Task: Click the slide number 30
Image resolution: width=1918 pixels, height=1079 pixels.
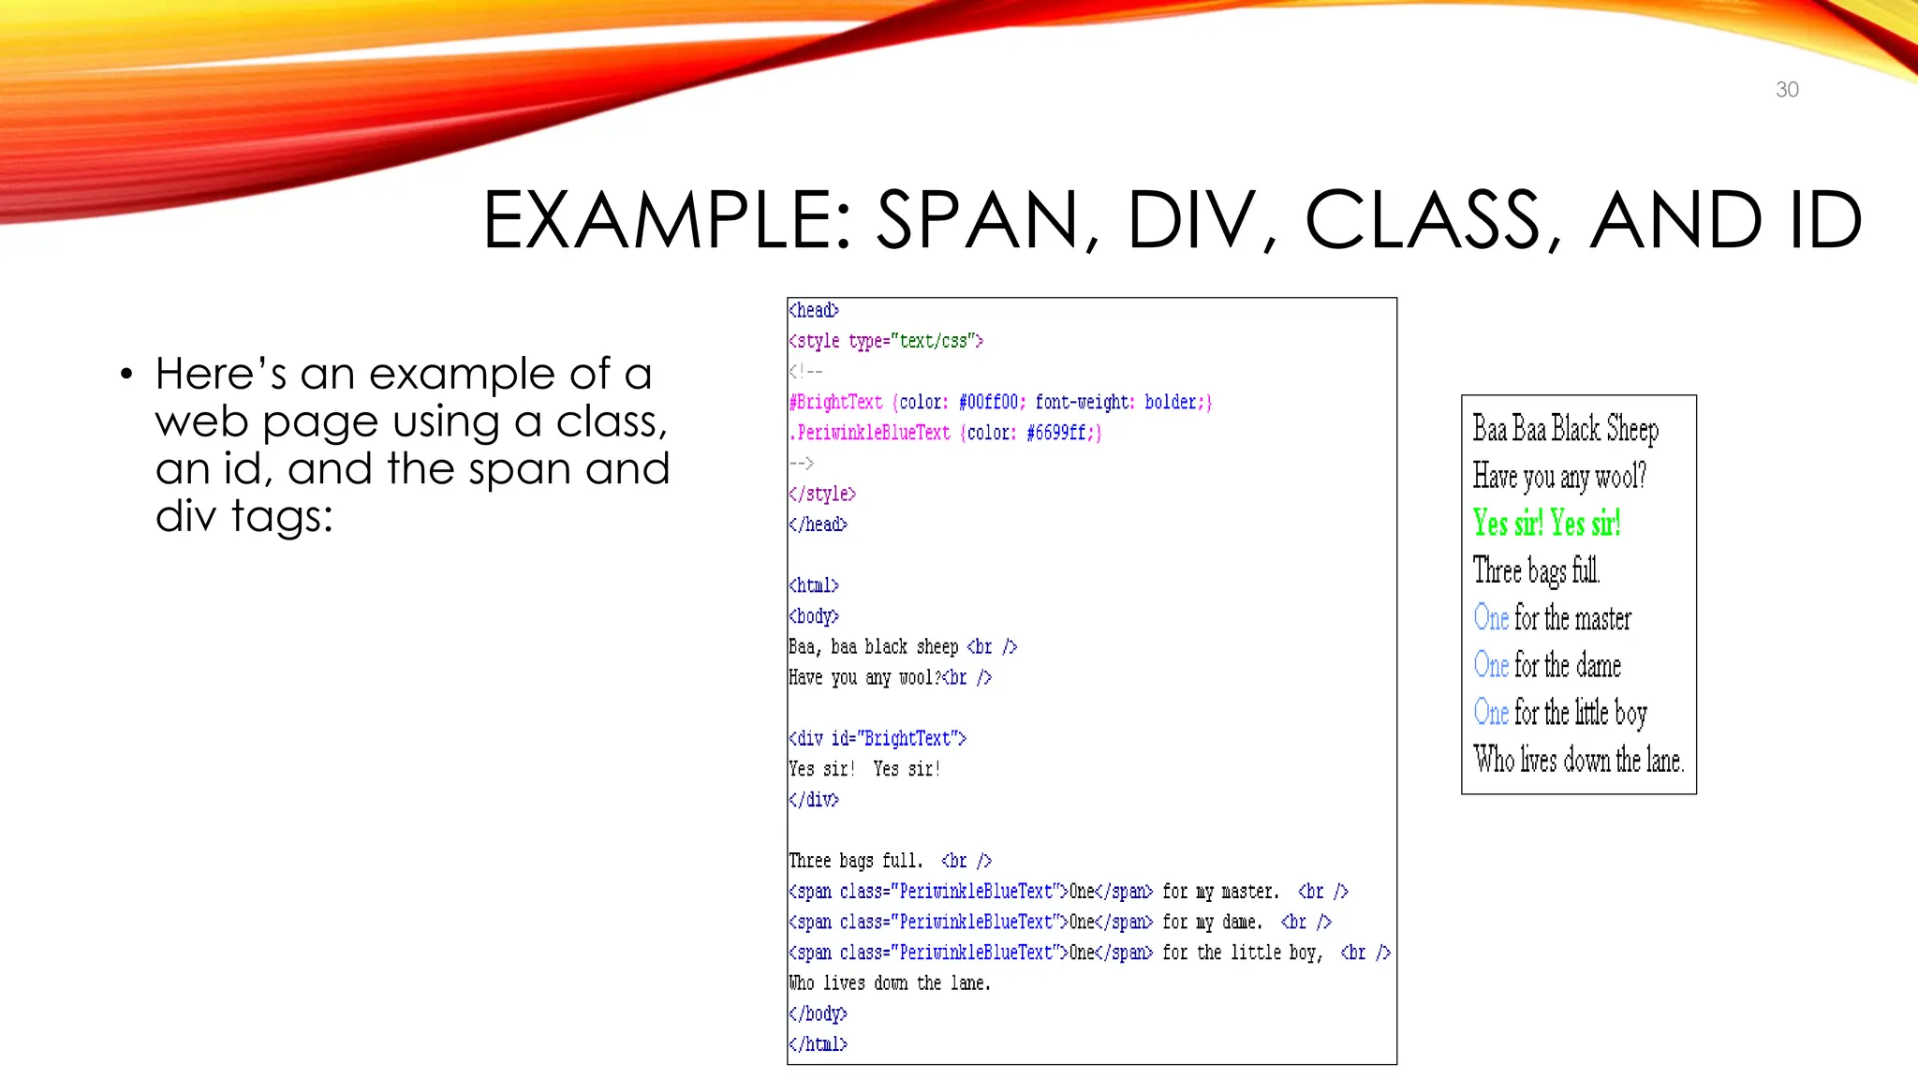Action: click(1787, 90)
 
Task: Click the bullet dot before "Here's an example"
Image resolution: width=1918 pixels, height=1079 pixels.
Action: click(126, 376)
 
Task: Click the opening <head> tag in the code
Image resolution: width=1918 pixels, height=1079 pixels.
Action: click(814, 310)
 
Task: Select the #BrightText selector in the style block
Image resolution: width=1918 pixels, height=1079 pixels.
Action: click(836, 402)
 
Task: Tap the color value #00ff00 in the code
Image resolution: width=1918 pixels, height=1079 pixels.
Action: click(988, 402)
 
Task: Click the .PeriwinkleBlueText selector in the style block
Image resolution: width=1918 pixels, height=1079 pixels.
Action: click(870, 433)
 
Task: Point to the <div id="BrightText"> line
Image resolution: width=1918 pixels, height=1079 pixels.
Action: click(878, 738)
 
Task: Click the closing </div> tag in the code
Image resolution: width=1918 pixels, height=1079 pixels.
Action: click(814, 799)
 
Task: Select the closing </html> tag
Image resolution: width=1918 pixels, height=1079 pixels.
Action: click(818, 1043)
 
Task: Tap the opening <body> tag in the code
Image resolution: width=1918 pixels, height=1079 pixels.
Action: click(814, 616)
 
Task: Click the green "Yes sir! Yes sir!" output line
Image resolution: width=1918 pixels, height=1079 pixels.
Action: click(1546, 523)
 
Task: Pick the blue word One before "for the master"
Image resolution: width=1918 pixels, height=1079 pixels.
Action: click(1491, 617)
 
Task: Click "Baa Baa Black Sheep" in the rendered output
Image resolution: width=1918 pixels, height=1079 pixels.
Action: click(1565, 428)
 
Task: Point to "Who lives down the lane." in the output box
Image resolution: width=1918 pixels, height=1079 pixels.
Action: click(1579, 759)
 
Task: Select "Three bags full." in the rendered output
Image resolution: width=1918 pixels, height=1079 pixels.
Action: click(1536, 569)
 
